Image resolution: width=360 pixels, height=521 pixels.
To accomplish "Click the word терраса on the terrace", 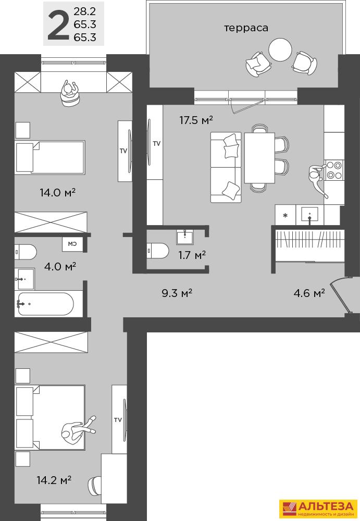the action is (246, 28).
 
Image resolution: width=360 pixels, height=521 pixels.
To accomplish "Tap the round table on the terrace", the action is (280, 50).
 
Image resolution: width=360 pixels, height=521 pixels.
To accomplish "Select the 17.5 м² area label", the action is (196, 120).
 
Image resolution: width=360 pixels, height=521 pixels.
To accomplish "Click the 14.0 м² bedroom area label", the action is (57, 192).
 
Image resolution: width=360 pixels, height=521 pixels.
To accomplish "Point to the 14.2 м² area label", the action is (54, 480).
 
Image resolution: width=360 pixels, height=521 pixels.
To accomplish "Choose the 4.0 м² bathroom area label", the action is (60, 266).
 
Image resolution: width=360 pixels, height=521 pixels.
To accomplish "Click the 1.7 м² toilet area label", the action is (192, 255).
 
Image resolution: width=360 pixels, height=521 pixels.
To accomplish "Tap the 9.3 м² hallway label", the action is (177, 293).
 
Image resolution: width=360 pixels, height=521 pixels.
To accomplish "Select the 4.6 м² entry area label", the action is (309, 293).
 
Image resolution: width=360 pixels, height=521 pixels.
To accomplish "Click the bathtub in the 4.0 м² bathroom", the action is (45, 304).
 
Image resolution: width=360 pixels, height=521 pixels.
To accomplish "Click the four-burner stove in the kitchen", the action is (333, 170).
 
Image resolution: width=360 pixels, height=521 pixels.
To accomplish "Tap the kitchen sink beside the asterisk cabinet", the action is (309, 214).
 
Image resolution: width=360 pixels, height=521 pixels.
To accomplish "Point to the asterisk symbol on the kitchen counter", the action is (285, 215).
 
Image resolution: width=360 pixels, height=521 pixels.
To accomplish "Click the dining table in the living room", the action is (259, 158).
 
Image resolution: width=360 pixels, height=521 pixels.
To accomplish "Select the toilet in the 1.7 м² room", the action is (158, 251).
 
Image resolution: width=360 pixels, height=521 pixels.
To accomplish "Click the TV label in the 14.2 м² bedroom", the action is (118, 420).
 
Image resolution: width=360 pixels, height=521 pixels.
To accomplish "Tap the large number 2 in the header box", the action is (58, 25).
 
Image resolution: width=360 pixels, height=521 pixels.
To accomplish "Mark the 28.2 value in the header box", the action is (85, 11).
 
